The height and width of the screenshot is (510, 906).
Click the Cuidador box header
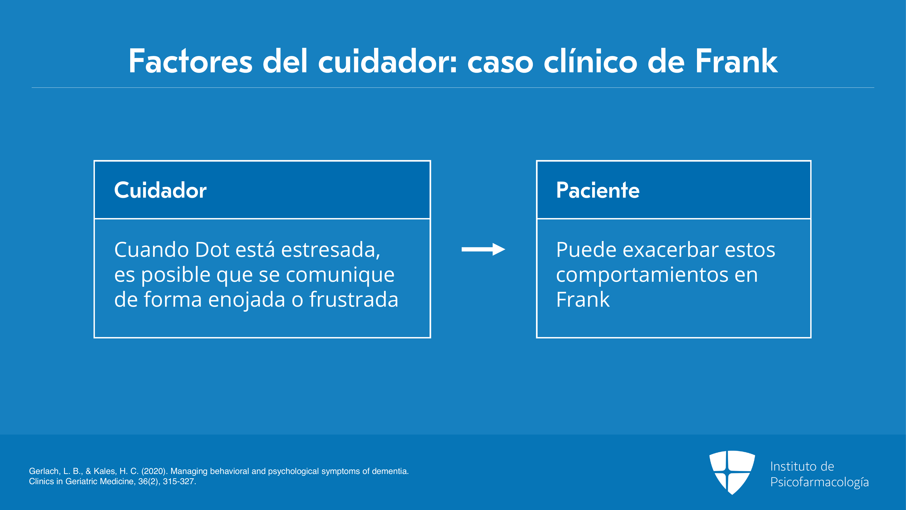(262, 190)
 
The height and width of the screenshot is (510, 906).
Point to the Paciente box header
(673, 190)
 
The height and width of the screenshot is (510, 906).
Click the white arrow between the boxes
(483, 249)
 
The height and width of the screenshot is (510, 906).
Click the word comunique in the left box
(340, 275)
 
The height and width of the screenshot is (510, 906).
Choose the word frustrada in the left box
(354, 299)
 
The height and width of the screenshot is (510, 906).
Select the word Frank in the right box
(583, 299)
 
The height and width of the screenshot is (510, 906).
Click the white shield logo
(732, 472)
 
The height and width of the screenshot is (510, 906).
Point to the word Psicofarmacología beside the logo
(819, 482)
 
